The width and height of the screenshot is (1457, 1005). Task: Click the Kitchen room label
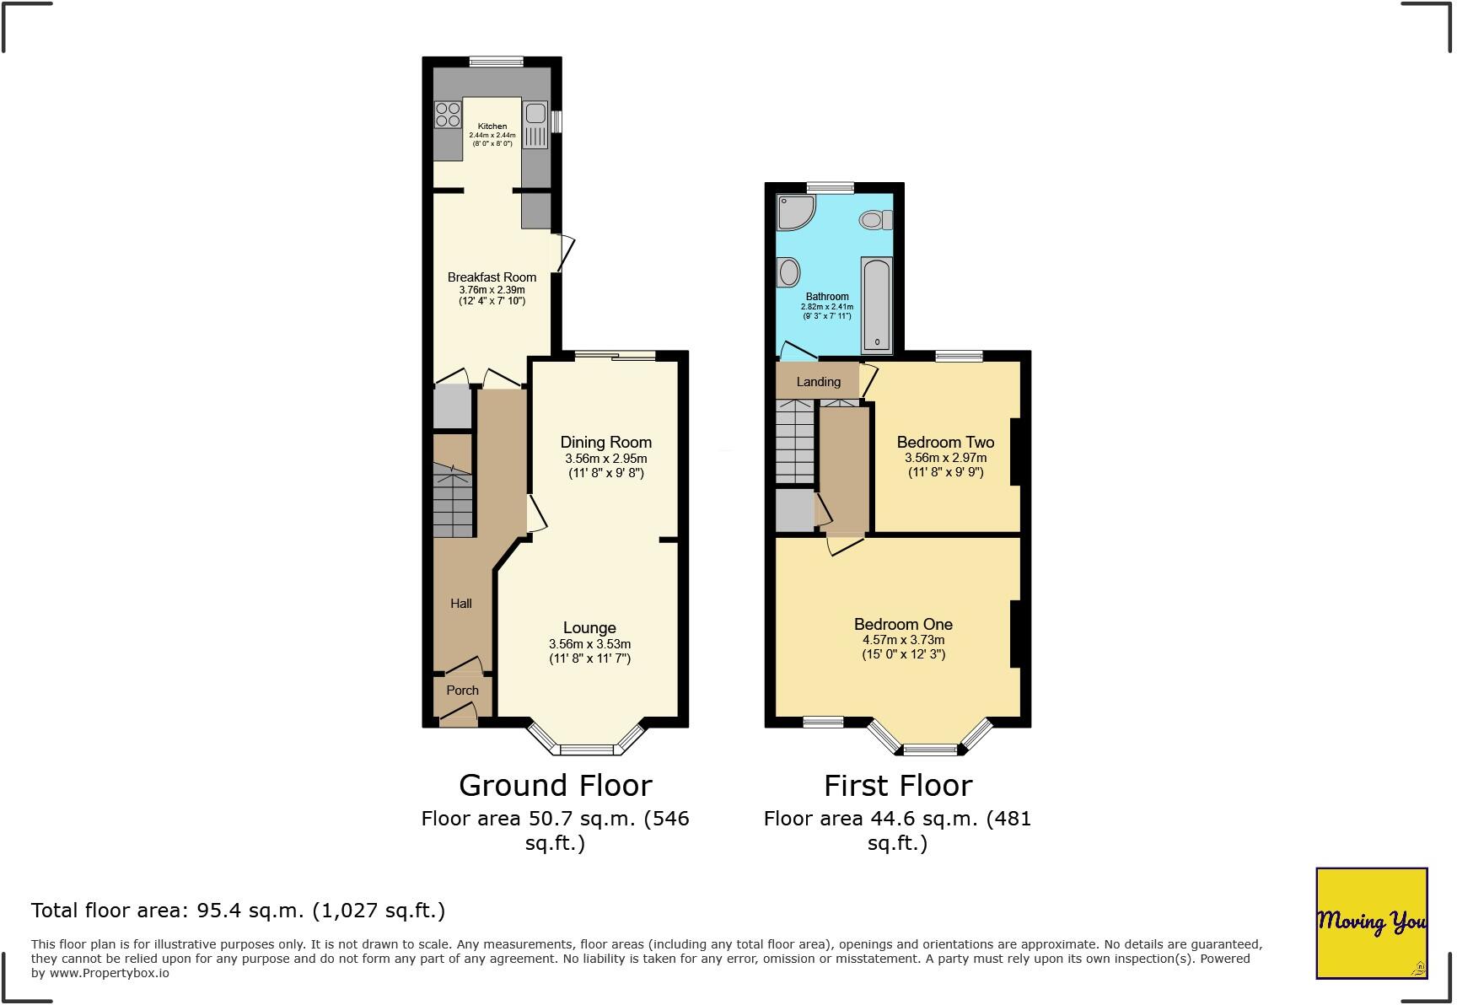pyautogui.click(x=492, y=126)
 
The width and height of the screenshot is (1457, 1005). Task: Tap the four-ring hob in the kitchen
pyautogui.click(x=448, y=114)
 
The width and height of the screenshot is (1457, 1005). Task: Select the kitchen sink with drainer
pyautogui.click(x=535, y=125)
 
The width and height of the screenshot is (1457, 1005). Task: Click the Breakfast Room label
pyautogui.click(x=492, y=277)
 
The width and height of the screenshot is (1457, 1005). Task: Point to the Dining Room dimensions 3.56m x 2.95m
pyautogui.click(x=605, y=459)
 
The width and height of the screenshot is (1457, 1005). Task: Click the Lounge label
pyautogui.click(x=589, y=628)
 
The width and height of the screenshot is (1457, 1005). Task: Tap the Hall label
pyautogui.click(x=460, y=604)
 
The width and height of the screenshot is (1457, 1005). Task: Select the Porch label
pyautogui.click(x=462, y=691)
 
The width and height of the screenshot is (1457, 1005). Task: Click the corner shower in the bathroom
pyautogui.click(x=793, y=212)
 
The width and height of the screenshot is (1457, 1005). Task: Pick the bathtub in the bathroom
pyautogui.click(x=877, y=305)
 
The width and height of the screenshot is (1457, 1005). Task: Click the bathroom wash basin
pyautogui.click(x=789, y=272)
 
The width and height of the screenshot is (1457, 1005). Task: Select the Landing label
pyautogui.click(x=818, y=382)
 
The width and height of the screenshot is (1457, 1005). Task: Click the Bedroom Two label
pyautogui.click(x=945, y=443)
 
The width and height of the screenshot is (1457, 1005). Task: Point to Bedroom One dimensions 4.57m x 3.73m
pyautogui.click(x=903, y=640)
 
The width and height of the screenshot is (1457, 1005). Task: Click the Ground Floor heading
pyautogui.click(x=555, y=786)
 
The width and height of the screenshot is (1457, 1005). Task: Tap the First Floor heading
pyautogui.click(x=897, y=786)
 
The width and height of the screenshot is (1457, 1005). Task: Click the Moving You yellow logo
pyautogui.click(x=1371, y=922)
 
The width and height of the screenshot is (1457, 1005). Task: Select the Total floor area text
pyautogui.click(x=238, y=911)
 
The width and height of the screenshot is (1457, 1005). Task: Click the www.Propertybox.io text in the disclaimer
pyautogui.click(x=109, y=973)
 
